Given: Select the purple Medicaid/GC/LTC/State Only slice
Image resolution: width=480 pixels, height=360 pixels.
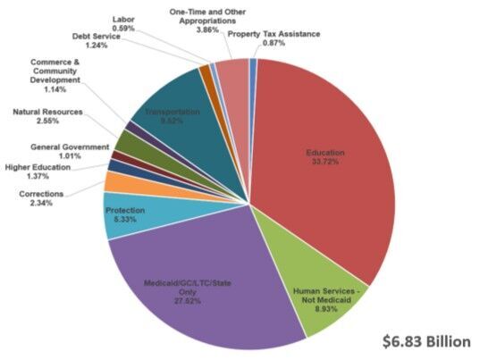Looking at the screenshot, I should click(206, 286).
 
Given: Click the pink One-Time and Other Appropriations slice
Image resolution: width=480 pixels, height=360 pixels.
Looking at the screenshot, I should click(233, 77).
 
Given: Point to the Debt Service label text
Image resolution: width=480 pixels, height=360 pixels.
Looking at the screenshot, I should click(96, 37).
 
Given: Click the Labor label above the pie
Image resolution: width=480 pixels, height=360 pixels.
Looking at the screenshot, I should click(124, 18).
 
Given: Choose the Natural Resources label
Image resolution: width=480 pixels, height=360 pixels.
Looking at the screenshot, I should click(48, 112).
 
